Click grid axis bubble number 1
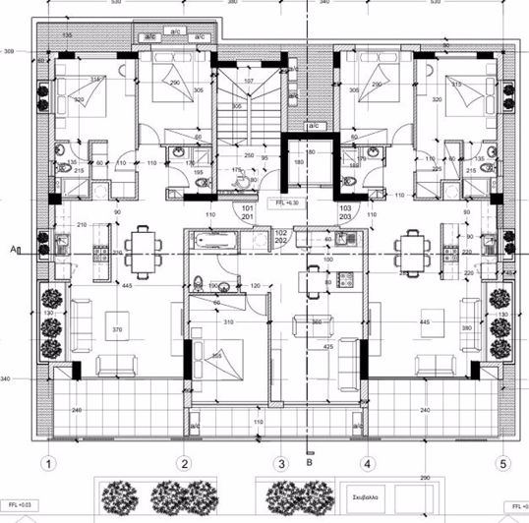[45, 462]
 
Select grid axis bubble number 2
[183, 462]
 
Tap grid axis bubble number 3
[280, 462]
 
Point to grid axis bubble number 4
[367, 462]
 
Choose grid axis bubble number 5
[503, 462]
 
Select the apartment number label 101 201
[248, 213]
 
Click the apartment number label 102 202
[279, 237]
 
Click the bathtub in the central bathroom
[210, 239]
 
